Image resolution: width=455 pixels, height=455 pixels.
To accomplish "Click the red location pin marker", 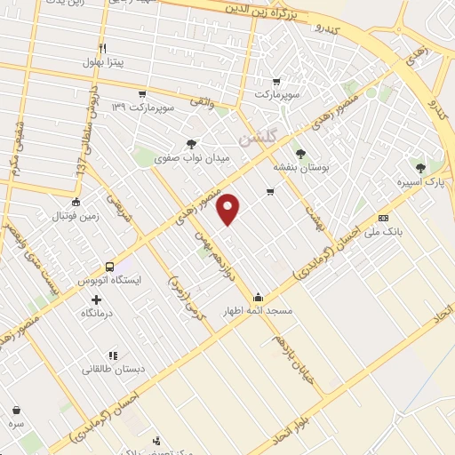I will pyautogui.click(x=229, y=209).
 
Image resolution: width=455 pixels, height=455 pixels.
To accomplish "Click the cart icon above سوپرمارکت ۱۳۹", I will pyautogui.click(x=142, y=93).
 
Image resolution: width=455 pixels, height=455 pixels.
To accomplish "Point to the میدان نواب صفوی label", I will pyautogui.click(x=193, y=158).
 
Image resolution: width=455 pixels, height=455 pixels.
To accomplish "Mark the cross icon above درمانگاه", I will pyautogui.click(x=96, y=299).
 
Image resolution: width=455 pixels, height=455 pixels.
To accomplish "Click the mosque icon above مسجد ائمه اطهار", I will pyautogui.click(x=259, y=297).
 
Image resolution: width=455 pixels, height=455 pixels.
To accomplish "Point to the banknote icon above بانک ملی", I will pyautogui.click(x=383, y=218).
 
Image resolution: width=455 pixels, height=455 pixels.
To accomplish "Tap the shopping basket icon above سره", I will pyautogui.click(x=17, y=411).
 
